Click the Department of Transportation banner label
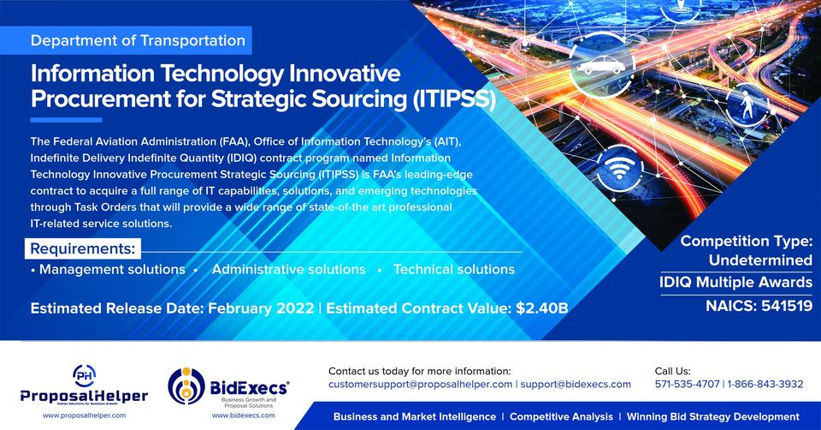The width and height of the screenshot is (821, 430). click(138, 40)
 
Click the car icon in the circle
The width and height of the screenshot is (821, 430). click(600, 66)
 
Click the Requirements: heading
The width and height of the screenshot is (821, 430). click(83, 249)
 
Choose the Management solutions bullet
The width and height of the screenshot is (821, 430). click(112, 270)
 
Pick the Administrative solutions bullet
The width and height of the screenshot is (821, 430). click(288, 270)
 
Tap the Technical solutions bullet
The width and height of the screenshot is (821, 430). click(453, 270)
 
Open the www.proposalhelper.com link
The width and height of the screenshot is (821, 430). click(84, 415)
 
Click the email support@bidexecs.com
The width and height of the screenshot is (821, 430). click(576, 385)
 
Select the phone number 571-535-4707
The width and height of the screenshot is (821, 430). click(686, 385)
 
